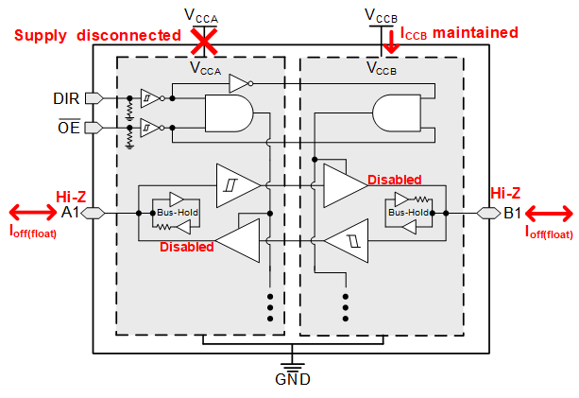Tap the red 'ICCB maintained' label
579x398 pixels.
point(460,33)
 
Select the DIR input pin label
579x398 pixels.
point(67,97)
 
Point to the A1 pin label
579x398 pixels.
point(70,213)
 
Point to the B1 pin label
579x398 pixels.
point(510,213)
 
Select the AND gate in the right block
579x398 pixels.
point(398,115)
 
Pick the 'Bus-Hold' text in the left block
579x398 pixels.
point(176,214)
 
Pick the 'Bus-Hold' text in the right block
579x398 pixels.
point(407,213)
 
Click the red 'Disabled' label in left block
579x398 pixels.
point(186,248)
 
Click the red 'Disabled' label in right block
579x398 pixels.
point(394,180)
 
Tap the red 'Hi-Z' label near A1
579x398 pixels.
point(71,196)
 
